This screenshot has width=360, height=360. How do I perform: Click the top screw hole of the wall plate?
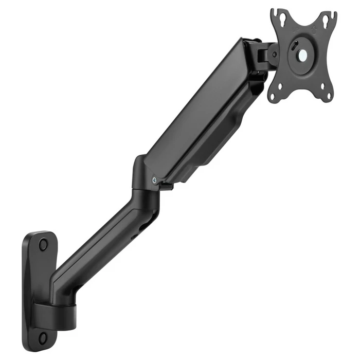(x=43, y=243)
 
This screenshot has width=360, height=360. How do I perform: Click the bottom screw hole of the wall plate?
(x=43, y=337)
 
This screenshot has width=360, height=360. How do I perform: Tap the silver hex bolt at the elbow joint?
(x=155, y=179)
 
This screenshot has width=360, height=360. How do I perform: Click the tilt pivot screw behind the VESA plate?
(x=275, y=53)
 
